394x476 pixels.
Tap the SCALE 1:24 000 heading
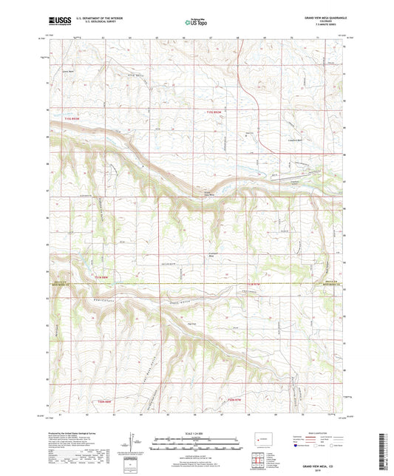(x=196, y=432)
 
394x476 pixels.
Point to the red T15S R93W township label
(x=70, y=118)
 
